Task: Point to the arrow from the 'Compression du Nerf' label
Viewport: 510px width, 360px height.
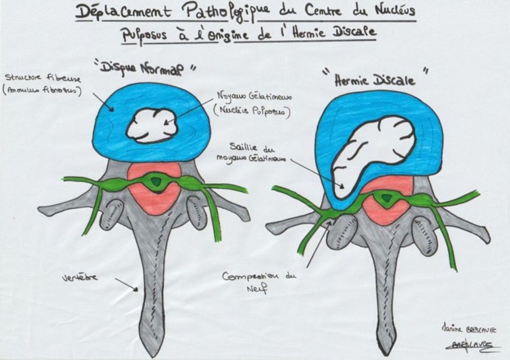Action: pos(320,240)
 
